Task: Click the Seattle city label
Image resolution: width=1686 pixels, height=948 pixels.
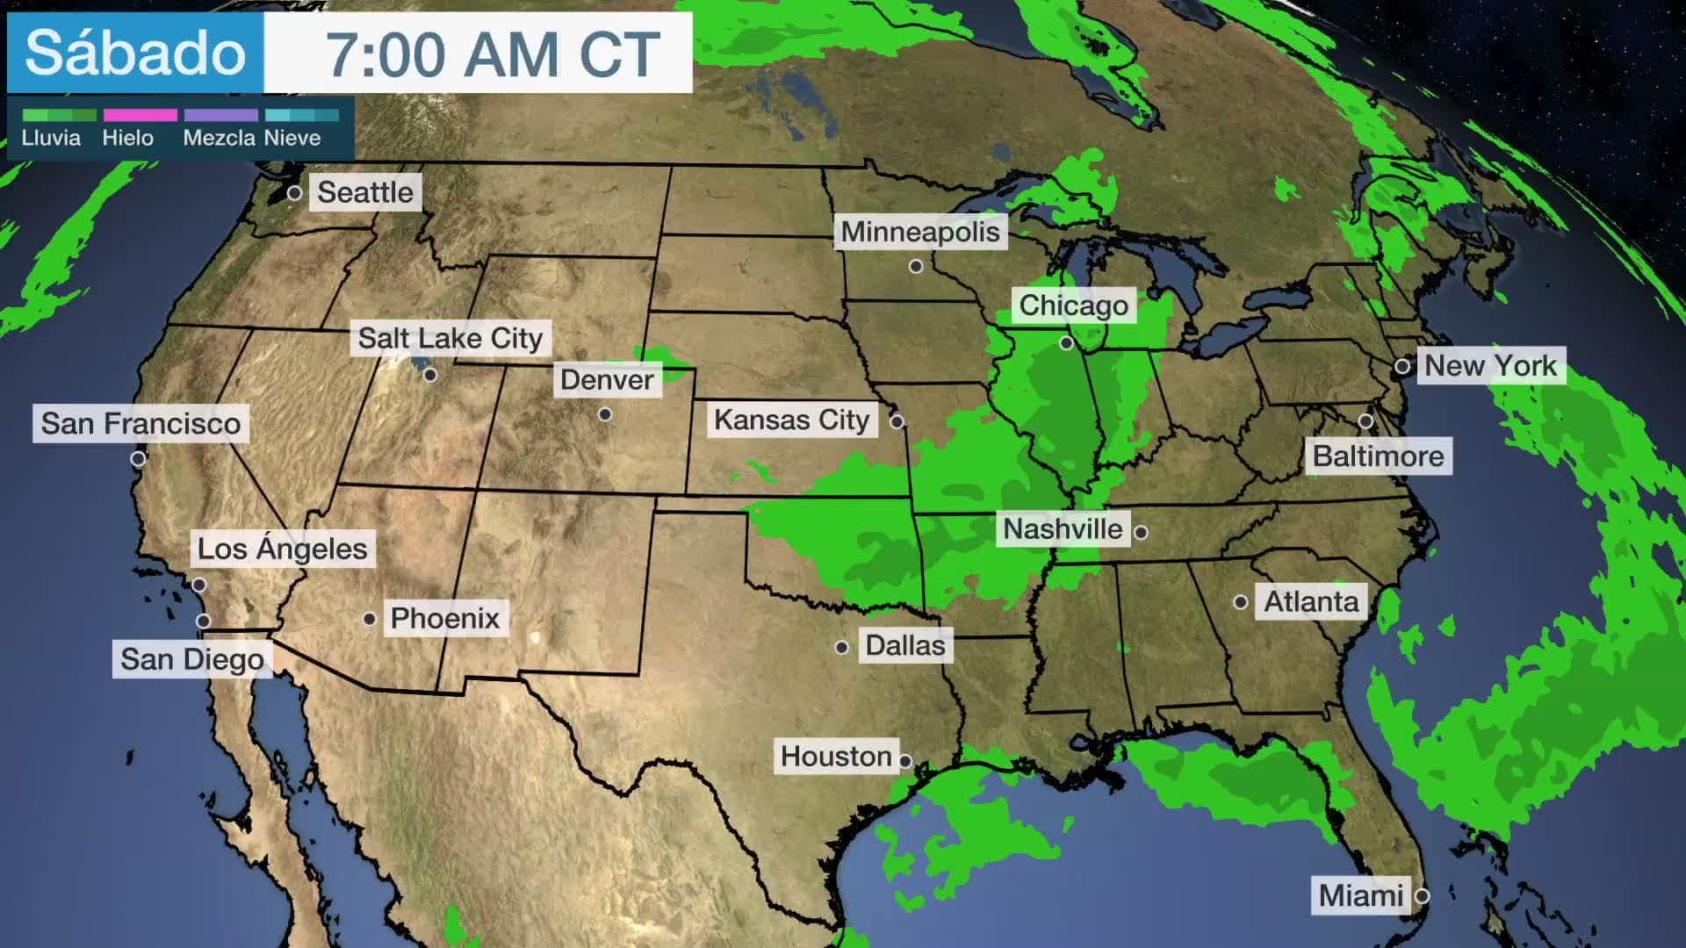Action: [364, 192]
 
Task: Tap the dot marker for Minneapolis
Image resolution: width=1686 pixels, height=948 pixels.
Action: [916, 266]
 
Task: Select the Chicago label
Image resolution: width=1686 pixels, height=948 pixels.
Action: [1073, 305]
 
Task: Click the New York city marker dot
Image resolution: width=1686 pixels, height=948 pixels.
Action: [1402, 366]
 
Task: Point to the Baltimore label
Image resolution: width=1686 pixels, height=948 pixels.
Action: [1377, 456]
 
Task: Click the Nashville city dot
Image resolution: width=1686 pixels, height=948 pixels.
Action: [1141, 532]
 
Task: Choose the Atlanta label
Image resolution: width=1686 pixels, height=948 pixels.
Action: [1310, 602]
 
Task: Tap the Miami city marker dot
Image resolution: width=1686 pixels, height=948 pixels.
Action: [1422, 896]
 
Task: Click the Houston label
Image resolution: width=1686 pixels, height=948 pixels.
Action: [835, 757]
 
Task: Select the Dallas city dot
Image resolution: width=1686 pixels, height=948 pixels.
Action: [842, 648]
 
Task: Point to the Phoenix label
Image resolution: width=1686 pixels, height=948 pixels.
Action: [444, 619]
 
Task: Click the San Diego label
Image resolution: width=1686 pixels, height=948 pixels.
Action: [191, 659]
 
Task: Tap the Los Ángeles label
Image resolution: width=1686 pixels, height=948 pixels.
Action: [282, 549]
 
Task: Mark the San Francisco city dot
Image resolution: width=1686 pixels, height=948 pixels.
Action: [138, 459]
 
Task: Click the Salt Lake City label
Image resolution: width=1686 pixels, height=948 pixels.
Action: [450, 339]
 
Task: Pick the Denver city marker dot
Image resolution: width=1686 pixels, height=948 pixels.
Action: [605, 414]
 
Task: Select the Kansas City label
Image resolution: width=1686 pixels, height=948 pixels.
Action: [791, 420]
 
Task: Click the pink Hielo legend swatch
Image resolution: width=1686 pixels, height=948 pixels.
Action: [140, 115]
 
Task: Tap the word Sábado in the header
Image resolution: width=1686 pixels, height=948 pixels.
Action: [135, 53]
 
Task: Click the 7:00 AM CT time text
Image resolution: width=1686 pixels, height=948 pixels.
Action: [493, 54]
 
